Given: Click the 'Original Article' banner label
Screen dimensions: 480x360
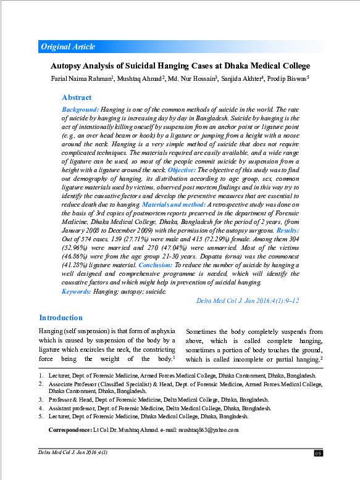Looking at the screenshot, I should coord(68,47).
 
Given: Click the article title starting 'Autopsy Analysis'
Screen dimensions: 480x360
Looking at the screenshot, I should coord(180,66).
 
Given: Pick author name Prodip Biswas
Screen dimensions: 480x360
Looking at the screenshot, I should coord(288,79).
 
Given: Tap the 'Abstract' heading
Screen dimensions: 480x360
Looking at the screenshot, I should coord(77,97).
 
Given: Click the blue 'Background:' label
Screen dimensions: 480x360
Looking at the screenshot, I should coord(80,109).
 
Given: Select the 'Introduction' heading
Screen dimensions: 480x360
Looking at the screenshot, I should coord(61,318).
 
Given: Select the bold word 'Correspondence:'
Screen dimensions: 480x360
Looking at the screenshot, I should coord(69,429).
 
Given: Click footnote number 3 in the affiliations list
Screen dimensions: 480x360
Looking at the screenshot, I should coord(41,400).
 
